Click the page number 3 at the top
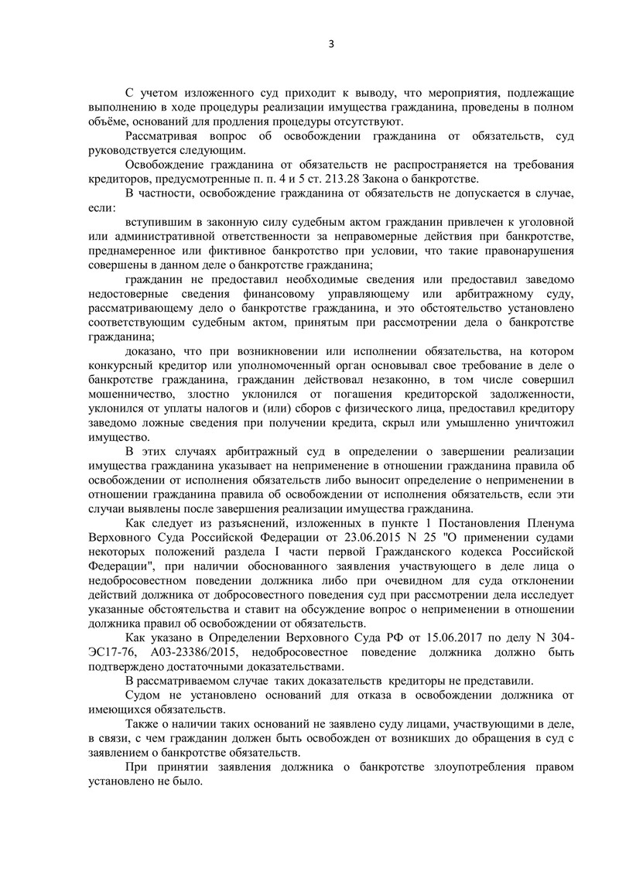pyautogui.click(x=330, y=43)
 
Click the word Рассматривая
pyautogui.click(x=162, y=137)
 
